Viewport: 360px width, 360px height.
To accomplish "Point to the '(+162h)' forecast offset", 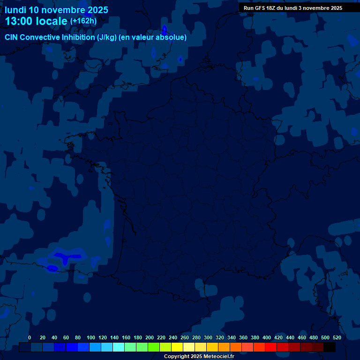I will point(83,21).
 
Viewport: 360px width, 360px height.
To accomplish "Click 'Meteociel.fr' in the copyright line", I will point(219,357).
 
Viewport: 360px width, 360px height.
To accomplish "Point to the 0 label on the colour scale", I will point(30,337).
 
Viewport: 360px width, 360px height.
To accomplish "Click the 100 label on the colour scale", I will point(91,337).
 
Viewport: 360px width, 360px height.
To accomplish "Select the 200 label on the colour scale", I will point(150,337).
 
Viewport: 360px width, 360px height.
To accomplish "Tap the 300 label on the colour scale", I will point(208,337).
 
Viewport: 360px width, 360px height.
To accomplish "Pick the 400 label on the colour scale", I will point(267,337).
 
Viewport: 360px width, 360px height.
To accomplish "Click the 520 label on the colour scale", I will point(337,337).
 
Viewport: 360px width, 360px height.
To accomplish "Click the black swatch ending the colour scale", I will point(330,347).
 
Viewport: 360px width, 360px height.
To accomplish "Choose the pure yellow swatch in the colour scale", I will point(177,347).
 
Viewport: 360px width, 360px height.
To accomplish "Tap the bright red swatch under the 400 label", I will point(271,347).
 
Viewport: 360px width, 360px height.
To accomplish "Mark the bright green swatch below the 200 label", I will point(154,347).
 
